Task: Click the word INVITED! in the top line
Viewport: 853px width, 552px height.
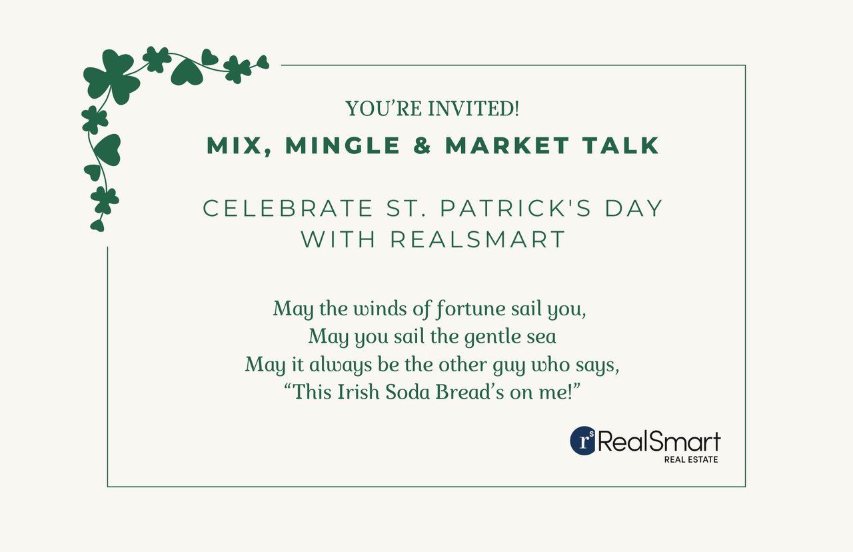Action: click(473, 109)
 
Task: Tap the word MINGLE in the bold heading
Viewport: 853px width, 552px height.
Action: click(343, 145)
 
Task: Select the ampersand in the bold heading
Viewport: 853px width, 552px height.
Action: click(422, 145)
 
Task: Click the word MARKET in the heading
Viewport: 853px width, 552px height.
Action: click(507, 145)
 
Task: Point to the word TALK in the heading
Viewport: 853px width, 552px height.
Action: click(620, 145)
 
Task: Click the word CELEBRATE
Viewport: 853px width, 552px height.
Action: click(287, 209)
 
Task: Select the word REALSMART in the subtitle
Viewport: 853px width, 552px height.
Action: click(478, 239)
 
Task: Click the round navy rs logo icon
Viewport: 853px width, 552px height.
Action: click(583, 441)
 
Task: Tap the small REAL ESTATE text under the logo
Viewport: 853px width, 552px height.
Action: click(691, 460)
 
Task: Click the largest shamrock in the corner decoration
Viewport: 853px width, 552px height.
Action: click(111, 77)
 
